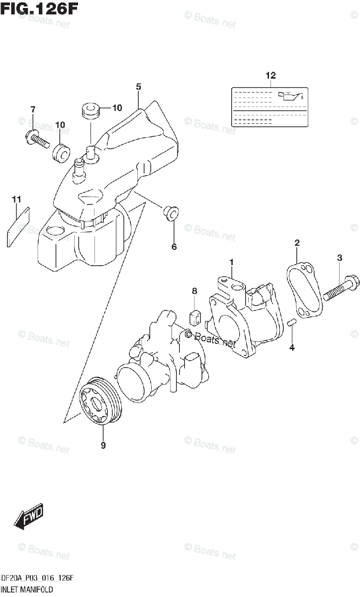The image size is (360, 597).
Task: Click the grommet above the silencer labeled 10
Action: click(x=90, y=110)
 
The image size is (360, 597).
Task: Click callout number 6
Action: click(x=174, y=246)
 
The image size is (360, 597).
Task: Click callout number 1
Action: click(x=231, y=261)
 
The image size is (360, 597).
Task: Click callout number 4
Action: click(x=292, y=347)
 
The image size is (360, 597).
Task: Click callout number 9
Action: click(x=103, y=446)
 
